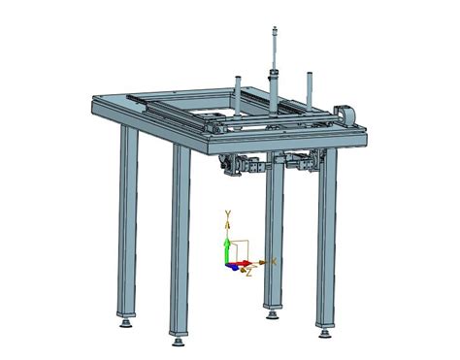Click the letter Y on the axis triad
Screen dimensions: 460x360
click(228, 213)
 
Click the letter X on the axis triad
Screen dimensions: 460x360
click(274, 261)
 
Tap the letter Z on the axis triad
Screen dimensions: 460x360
click(248, 274)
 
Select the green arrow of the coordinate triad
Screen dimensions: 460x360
click(227, 251)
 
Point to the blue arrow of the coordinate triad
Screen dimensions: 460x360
click(232, 267)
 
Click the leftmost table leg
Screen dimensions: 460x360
click(127, 220)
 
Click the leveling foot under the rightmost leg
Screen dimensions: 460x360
click(325, 333)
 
